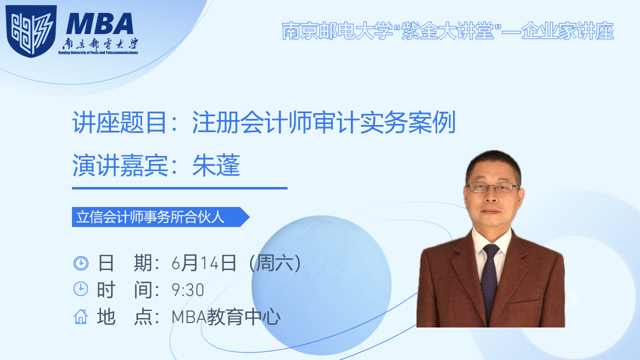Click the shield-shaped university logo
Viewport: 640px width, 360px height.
coord(31,31)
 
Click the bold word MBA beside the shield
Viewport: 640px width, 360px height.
coord(99,23)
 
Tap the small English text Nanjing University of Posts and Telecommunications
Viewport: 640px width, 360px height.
coord(98,52)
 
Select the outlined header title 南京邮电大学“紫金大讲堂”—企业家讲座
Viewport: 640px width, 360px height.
coord(447,31)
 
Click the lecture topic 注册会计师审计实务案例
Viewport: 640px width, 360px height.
coord(323,122)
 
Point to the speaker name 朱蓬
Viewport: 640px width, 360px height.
coord(216,165)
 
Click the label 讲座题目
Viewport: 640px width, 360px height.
coord(119,122)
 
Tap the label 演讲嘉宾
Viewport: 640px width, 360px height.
coord(120,165)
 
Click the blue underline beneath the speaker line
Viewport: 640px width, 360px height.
coord(179,188)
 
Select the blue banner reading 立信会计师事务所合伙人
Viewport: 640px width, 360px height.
coord(160,217)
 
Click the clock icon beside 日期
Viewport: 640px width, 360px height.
coord(81,263)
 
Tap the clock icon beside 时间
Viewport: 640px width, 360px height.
coord(81,289)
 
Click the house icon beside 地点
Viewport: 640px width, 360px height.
coord(81,316)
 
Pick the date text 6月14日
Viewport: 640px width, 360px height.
coord(203,263)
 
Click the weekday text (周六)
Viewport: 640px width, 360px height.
coord(275,263)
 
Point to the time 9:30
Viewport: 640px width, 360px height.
coord(187,289)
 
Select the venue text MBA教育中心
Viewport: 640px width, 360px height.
coord(226,317)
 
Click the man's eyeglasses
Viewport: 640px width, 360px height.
coord(493,187)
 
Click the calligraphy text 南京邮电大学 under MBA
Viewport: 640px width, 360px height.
coord(100,44)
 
